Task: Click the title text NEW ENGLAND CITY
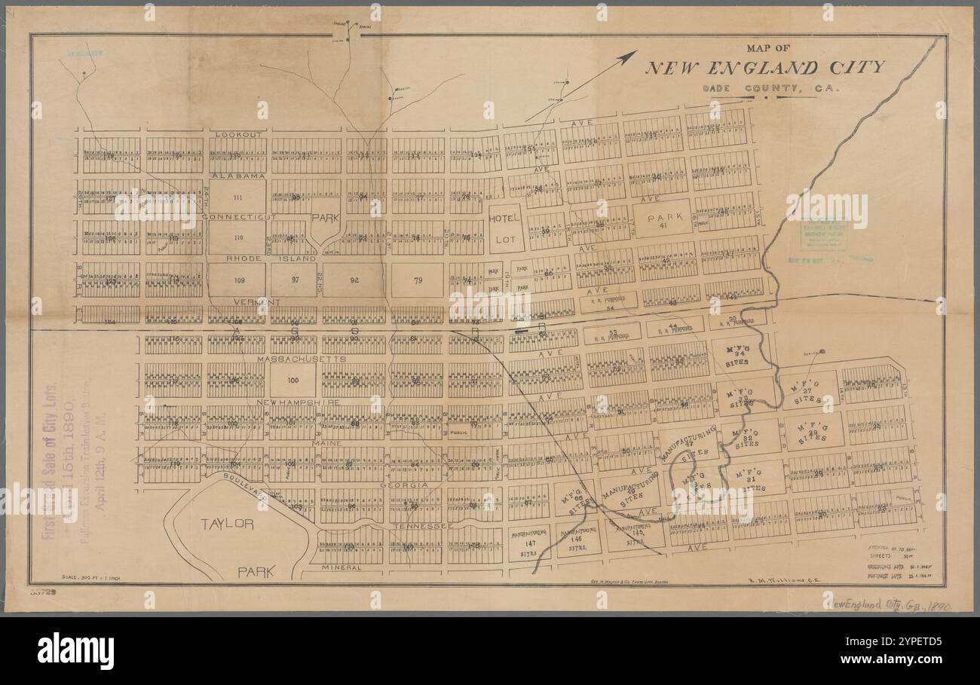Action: pos(764,68)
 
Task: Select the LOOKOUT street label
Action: pos(237,134)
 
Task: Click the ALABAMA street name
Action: pos(237,176)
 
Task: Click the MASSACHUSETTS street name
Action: pos(301,359)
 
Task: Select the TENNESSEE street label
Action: pos(421,525)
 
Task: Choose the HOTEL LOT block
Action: pos(504,228)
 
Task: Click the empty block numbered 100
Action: pos(292,381)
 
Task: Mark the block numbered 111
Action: pos(237,197)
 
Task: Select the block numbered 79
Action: pos(417,280)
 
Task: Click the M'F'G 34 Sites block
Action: pos(737,355)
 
